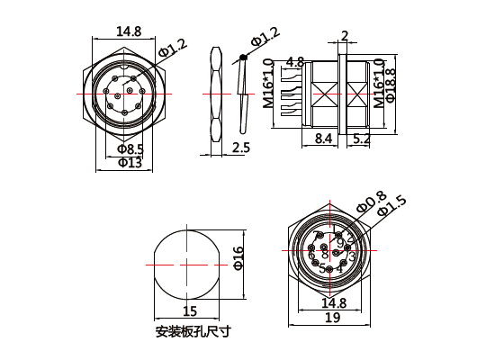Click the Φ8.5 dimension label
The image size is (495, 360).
click(x=130, y=148)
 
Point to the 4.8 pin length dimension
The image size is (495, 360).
click(x=293, y=62)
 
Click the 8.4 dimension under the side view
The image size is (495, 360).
click(x=323, y=139)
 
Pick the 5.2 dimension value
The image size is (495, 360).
click(x=363, y=139)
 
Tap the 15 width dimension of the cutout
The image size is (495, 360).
click(x=190, y=311)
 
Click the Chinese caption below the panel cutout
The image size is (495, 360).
click(x=193, y=331)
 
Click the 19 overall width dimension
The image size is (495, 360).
click(x=331, y=317)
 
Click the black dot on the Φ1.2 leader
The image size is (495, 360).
click(x=243, y=59)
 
